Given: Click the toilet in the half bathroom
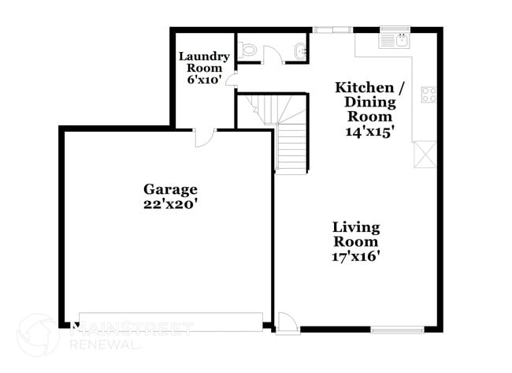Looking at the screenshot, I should click(250, 50).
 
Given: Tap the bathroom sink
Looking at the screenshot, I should click(301, 50).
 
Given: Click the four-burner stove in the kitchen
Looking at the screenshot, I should click(429, 95).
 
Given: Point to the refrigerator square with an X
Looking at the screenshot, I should click(425, 152).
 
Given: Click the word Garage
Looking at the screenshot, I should click(170, 189).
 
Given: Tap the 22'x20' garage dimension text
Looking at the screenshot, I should click(170, 203).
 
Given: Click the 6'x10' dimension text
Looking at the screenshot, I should click(203, 80).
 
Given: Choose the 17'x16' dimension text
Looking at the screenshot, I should click(356, 256).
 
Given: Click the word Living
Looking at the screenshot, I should click(356, 227).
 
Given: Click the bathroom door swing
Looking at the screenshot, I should click(273, 54).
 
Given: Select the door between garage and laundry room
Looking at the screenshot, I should click(203, 136).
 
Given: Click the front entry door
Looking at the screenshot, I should click(285, 323).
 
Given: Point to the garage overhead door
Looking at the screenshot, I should click(170, 323).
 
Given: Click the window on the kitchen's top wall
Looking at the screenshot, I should click(333, 30).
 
